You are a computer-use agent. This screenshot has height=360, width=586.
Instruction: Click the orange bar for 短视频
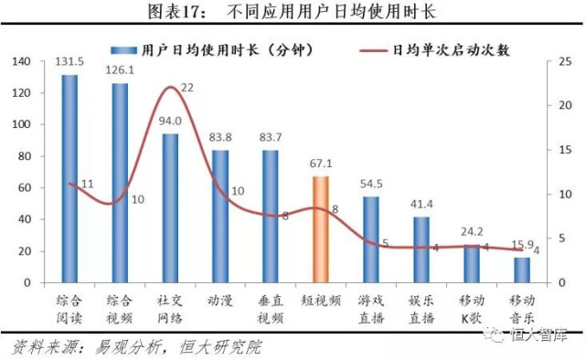click(321, 229)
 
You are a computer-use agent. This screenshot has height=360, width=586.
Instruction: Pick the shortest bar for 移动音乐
click(521, 270)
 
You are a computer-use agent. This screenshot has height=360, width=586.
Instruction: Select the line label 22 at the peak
click(187, 88)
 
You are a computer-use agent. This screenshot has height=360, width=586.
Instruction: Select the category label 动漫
click(220, 299)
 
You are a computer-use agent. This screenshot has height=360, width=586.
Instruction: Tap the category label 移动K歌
click(472, 308)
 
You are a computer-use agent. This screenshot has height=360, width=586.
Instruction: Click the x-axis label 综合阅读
click(69, 308)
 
